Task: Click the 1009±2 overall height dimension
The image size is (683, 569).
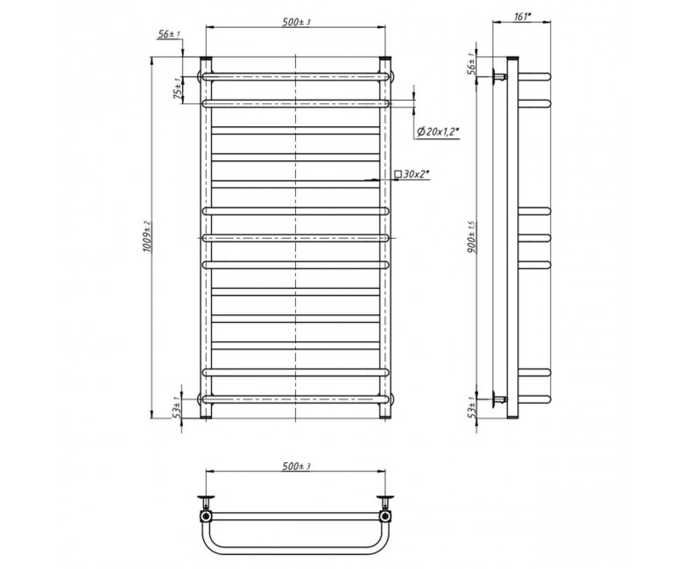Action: click(x=147, y=237)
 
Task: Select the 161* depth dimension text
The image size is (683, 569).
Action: click(x=523, y=17)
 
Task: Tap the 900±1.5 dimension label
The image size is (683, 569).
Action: click(x=474, y=237)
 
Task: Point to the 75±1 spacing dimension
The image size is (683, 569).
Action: click(x=177, y=89)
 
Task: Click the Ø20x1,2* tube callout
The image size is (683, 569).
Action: click(x=438, y=132)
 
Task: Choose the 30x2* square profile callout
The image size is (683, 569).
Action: click(x=412, y=174)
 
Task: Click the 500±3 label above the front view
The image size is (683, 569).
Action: click(x=296, y=22)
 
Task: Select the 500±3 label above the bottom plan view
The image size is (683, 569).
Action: click(x=296, y=467)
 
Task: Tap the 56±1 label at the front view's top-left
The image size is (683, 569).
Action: click(x=169, y=34)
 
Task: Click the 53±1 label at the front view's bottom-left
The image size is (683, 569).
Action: click(x=177, y=406)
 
